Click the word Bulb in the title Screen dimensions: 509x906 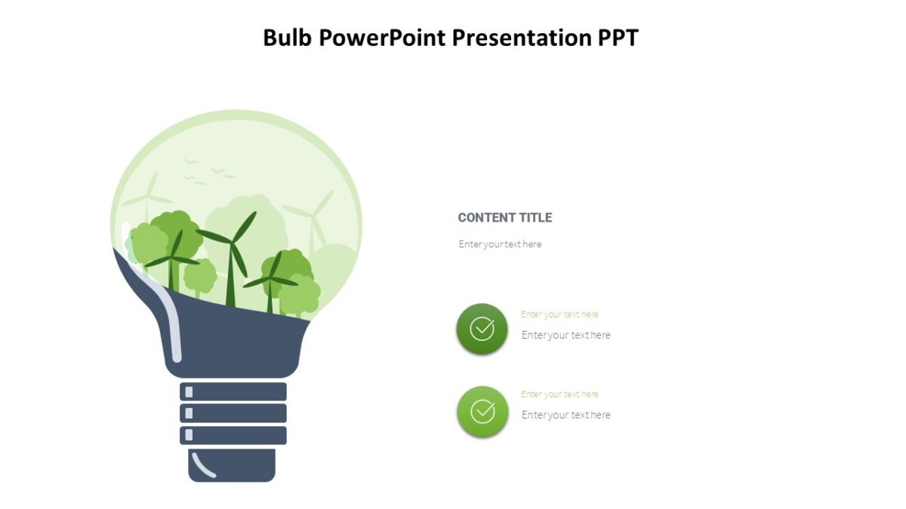pyautogui.click(x=288, y=37)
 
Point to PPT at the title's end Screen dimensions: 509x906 pyautogui.click(x=618, y=37)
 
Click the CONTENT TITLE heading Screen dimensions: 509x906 pyautogui.click(x=504, y=218)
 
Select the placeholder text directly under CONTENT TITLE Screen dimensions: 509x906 pyautogui.click(x=500, y=244)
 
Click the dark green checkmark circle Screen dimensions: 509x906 pyautogui.click(x=482, y=329)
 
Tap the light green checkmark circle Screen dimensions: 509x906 pyautogui.click(x=482, y=412)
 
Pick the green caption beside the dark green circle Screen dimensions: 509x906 pyautogui.click(x=559, y=314)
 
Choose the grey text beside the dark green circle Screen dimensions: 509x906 pyautogui.click(x=565, y=335)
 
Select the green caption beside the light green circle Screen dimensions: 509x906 pyautogui.click(x=559, y=394)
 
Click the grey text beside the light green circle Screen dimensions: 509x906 pyautogui.click(x=565, y=415)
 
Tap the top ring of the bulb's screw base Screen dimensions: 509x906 pyautogui.click(x=233, y=392)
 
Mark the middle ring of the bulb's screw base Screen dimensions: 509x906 pyautogui.click(x=233, y=413)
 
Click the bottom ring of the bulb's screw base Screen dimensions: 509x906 pyautogui.click(x=233, y=435)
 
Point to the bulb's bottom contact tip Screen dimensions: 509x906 pyautogui.click(x=232, y=465)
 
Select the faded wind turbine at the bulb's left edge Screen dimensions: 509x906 pyautogui.click(x=148, y=198)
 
